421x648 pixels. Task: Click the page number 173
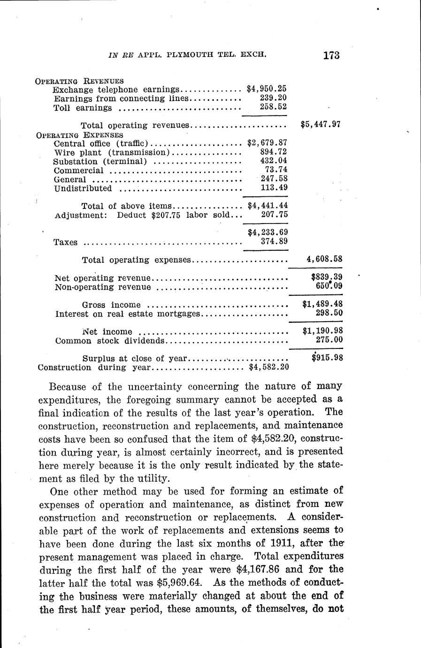[331, 55]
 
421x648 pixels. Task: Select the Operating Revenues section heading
[79, 81]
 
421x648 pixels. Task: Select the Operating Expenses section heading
[79, 134]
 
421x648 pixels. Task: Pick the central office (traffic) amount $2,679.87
[267, 143]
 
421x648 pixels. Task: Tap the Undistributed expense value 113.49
[274, 188]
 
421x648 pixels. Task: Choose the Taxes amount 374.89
[274, 241]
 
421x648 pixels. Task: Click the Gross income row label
[111, 305]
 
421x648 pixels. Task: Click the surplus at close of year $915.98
[327, 358]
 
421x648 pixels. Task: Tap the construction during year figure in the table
[268, 367]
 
